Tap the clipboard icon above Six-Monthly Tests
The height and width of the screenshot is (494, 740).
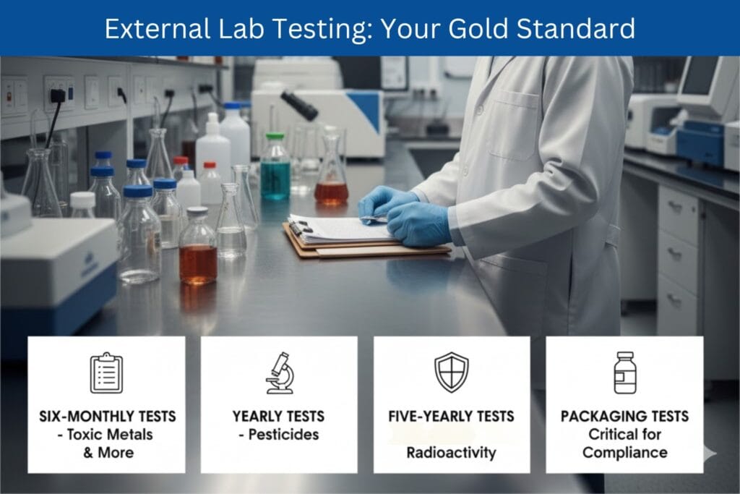pyautogui.click(x=106, y=373)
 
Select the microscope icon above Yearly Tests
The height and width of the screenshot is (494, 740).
pyautogui.click(x=279, y=373)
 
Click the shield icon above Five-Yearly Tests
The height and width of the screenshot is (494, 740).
pyautogui.click(x=452, y=372)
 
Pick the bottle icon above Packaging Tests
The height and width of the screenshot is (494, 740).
pyautogui.click(x=624, y=372)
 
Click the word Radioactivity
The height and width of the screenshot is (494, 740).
pyautogui.click(x=451, y=453)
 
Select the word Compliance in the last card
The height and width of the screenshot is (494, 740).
pyautogui.click(x=624, y=453)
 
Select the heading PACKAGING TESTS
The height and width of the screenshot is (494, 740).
pyautogui.click(x=624, y=416)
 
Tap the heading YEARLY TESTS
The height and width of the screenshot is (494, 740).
pyautogui.click(x=279, y=416)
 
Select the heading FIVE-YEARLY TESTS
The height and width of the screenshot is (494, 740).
pyautogui.click(x=452, y=416)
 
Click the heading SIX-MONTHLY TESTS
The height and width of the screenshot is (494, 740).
pyautogui.click(x=107, y=416)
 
